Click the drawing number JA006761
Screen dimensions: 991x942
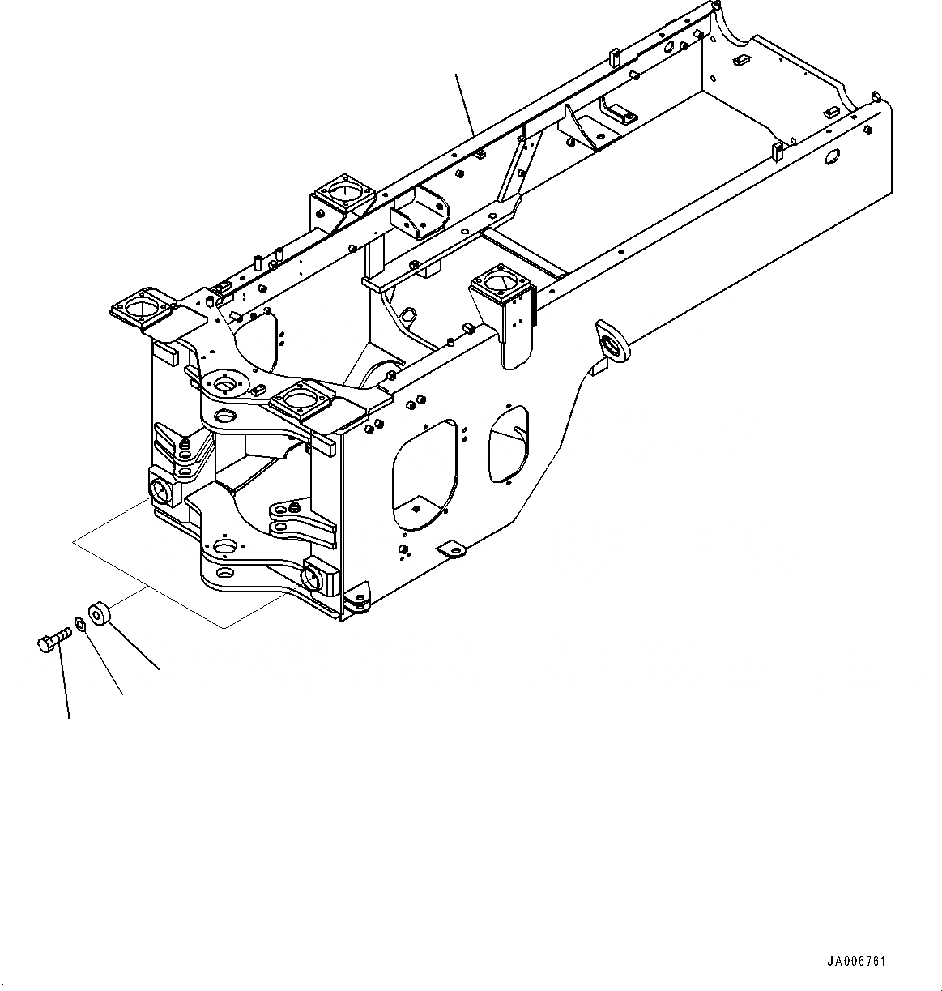[x=856, y=962]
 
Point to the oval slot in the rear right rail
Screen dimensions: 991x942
[x=832, y=157]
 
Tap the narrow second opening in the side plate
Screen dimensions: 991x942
[x=508, y=443]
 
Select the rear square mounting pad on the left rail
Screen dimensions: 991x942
[x=343, y=193]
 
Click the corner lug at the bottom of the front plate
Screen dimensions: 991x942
[x=357, y=601]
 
